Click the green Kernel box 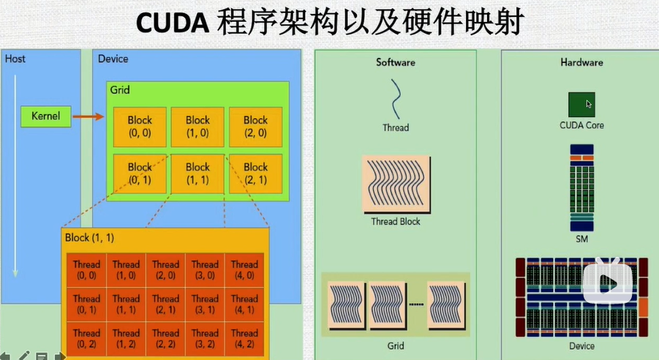coord(46,116)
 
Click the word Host coord(15,59)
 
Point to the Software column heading coord(395,62)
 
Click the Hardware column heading coord(581,62)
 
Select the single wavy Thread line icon coord(395,99)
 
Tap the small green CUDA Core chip coord(581,105)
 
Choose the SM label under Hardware coord(581,239)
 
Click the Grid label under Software coord(395,345)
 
